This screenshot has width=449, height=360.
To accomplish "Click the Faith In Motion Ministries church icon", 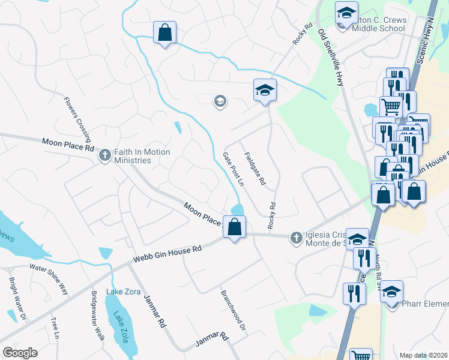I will [105, 155].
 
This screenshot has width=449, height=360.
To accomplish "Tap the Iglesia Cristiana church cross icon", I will [295, 238].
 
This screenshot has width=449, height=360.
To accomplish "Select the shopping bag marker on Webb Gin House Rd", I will [235, 227].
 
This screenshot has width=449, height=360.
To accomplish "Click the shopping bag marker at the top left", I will [164, 33].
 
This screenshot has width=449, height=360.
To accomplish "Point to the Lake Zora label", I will [123, 292].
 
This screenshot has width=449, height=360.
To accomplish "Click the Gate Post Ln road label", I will [234, 169].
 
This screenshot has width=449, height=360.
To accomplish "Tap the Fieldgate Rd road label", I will [255, 169].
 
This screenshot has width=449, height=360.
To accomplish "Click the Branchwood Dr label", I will [234, 311].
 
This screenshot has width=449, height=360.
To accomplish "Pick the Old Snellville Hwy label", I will [331, 58].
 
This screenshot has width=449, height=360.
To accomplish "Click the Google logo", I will [19, 353].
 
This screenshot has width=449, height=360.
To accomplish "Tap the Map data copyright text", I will [424, 355].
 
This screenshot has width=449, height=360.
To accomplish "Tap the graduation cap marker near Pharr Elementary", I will [392, 292].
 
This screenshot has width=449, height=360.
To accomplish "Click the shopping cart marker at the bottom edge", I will [361, 355].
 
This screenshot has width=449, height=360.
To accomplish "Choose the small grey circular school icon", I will [220, 101].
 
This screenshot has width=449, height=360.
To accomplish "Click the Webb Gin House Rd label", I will [163, 254].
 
